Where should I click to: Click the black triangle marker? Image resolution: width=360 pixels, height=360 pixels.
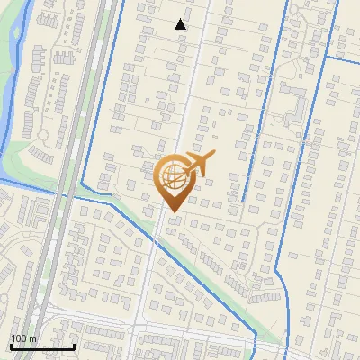pos(181,24)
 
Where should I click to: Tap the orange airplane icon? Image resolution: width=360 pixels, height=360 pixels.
pos(201,164)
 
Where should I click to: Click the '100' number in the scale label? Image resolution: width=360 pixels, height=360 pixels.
pos(19,337)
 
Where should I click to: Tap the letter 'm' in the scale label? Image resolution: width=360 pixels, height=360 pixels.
pos(32,337)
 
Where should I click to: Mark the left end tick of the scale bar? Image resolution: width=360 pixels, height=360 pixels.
pos(11,346)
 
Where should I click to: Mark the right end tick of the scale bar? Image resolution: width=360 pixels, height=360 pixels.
pos(74,346)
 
